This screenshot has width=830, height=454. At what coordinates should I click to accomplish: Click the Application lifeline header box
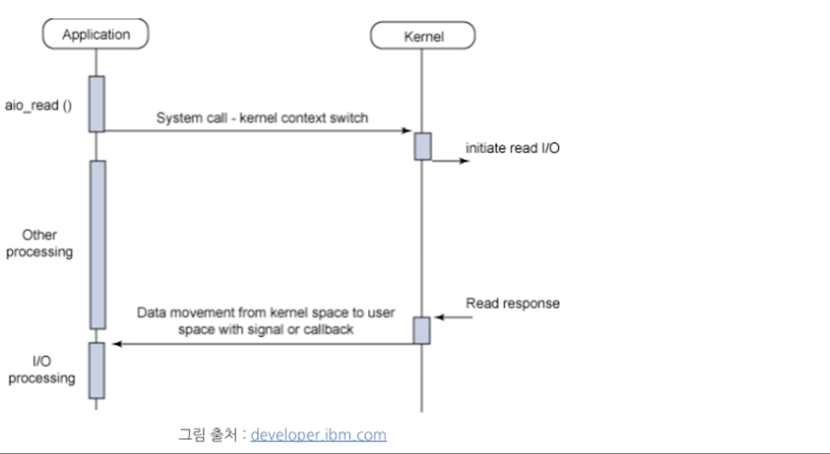(95, 35)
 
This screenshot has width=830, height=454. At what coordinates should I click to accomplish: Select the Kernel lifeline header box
(423, 36)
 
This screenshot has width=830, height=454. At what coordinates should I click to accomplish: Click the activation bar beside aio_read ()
(97, 103)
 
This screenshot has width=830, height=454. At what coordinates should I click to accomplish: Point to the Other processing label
(39, 244)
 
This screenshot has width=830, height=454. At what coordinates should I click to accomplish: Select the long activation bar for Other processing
(97, 245)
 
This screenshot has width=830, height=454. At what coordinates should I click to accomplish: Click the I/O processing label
(42, 370)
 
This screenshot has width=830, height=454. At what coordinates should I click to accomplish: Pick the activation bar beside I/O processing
(97, 370)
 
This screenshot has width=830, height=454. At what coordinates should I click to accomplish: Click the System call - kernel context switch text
(262, 117)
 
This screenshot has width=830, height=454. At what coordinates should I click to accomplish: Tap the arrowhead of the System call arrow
(407, 130)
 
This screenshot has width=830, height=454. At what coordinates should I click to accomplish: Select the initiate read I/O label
(512, 148)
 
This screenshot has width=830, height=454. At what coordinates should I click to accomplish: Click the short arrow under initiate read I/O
(452, 160)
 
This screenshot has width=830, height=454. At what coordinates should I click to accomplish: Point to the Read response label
(512, 303)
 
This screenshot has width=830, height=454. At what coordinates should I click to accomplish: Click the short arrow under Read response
(453, 318)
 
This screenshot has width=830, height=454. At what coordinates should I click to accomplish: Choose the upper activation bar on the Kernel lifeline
(422, 146)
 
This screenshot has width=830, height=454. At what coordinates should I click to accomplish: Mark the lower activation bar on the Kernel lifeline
(421, 330)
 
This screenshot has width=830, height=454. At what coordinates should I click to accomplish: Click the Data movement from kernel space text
(266, 321)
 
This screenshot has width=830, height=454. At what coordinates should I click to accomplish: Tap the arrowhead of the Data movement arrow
(116, 344)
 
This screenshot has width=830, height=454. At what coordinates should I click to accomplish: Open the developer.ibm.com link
(318, 435)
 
